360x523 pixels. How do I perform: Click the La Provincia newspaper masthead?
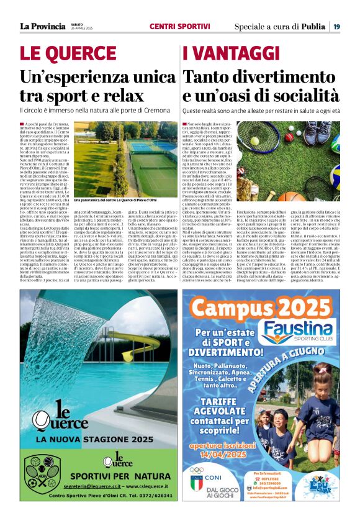tap(42, 26)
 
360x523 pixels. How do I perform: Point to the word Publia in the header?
tap(314, 27)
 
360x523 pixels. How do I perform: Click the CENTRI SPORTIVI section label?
tap(180, 27)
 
